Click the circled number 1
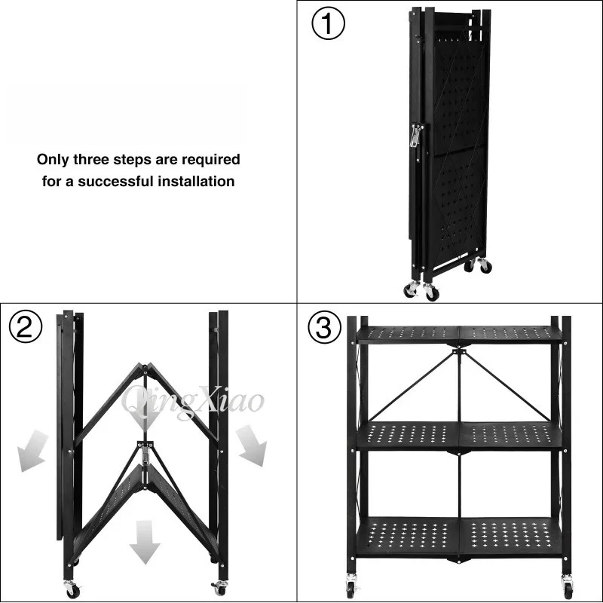pos(328,23)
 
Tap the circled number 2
pos(26,326)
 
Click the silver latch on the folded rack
pos(415,136)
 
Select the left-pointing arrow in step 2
pos(32,451)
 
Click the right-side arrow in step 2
pos(252,445)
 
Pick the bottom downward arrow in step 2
pos(145,542)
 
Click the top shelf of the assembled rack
pos(460,335)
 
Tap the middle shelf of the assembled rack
pos(460,436)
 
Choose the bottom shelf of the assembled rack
pos(460,536)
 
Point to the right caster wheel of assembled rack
pos(567,586)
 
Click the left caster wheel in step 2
pos(72,589)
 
